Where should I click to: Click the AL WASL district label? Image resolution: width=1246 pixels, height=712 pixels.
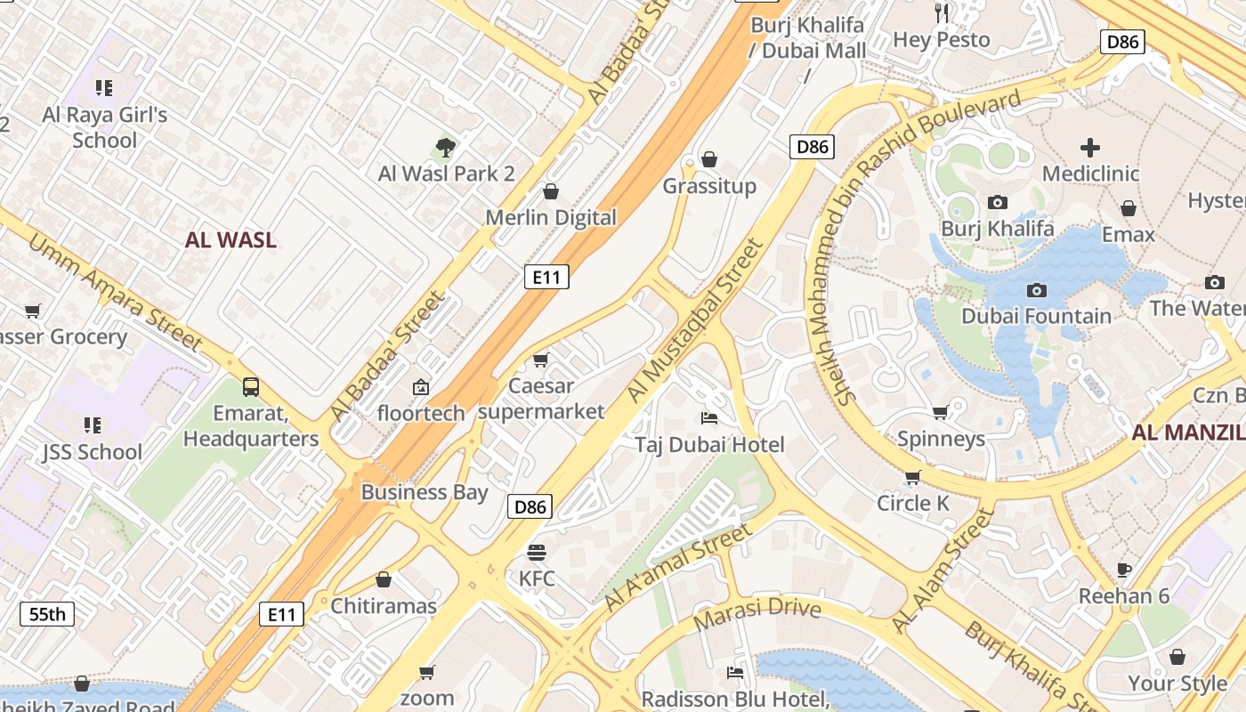pos(231,239)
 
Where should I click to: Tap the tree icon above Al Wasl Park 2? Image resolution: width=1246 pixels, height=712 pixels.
pos(446,147)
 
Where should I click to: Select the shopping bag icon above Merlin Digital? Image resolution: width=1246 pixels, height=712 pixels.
pos(551,191)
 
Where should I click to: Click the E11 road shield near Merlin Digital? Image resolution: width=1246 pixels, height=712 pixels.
pos(546,277)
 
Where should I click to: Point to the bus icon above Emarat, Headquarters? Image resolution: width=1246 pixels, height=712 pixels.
pos(251,387)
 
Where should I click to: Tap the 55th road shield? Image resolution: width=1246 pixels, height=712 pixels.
pos(47,614)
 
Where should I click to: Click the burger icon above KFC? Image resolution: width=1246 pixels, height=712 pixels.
pos(536,552)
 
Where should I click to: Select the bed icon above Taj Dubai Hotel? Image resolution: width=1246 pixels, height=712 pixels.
pos(709,417)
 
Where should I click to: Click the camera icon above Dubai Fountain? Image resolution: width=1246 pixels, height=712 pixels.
pos(1036,290)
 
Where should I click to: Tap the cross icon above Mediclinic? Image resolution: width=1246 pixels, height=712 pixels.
pos(1090,148)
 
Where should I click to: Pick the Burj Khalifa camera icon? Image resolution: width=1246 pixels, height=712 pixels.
pos(997,203)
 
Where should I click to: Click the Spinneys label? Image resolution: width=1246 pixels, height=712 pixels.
pos(941,439)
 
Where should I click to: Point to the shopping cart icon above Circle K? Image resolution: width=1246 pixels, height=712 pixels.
pos(912,478)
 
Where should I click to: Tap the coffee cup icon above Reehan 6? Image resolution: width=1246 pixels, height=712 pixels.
pos(1124,570)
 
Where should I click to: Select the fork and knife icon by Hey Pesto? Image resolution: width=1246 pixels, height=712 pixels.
pos(943,12)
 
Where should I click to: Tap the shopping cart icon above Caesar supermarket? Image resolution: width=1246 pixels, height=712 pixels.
pos(540,360)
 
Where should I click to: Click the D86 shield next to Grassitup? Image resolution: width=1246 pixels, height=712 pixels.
pos(812,147)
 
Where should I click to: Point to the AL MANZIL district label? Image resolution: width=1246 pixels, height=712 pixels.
pos(1187,433)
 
